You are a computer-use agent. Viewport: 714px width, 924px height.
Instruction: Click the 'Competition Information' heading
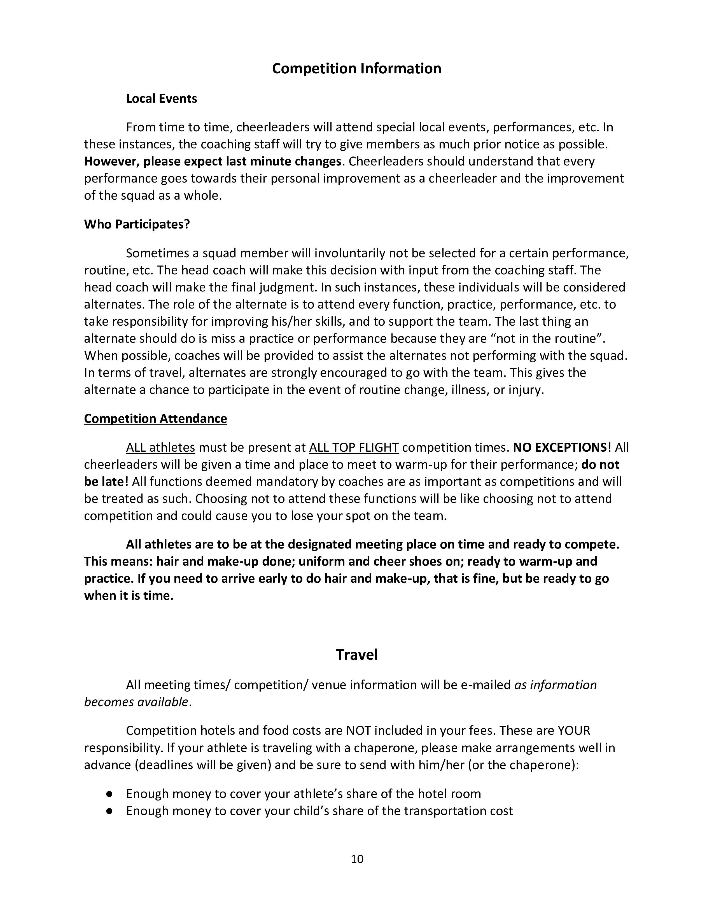tap(356, 69)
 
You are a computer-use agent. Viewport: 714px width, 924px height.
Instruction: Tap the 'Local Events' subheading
tap(161, 99)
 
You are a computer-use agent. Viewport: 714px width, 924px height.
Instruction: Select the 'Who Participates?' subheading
tap(137, 224)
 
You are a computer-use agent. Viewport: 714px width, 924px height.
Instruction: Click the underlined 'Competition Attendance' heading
tap(155, 418)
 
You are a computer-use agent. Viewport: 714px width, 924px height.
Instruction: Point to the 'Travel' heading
tap(356, 655)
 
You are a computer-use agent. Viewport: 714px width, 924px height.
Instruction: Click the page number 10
tap(356, 858)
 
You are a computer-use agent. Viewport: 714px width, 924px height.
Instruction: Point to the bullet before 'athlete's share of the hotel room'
tap(109, 794)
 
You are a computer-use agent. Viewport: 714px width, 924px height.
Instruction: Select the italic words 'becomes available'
tap(136, 702)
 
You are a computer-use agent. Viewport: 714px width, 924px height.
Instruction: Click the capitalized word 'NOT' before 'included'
tap(358, 731)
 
